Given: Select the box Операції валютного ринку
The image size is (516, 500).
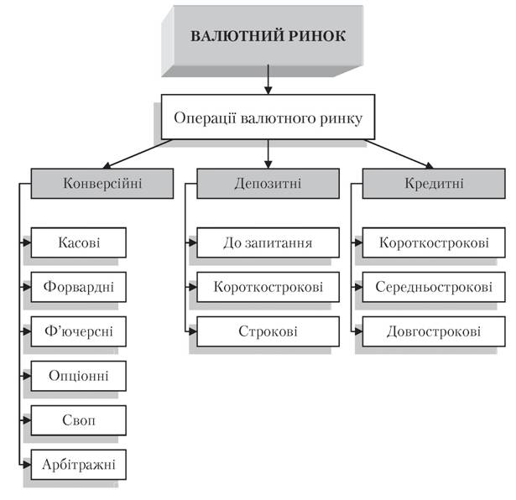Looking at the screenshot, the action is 268,117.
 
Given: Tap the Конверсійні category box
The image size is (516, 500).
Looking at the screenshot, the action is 102,184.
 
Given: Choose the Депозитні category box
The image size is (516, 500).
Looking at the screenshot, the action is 268,184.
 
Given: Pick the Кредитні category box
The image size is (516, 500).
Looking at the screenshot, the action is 434,184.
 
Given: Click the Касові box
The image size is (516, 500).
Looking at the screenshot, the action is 79,242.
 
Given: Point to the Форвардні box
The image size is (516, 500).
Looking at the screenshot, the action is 79,287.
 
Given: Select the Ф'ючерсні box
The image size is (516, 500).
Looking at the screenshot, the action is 79,331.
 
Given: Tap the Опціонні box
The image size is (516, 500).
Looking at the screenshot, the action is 79,376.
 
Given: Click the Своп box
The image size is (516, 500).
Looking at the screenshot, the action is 79,420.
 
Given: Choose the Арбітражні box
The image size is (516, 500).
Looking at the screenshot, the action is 79,465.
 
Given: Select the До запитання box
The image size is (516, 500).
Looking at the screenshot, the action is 268,242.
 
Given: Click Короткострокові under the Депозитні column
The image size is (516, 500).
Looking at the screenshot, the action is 268,287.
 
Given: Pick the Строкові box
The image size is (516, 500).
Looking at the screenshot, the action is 268,331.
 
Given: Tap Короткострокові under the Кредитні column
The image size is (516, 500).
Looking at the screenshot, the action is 434,242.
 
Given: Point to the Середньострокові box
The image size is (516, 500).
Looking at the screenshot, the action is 434,287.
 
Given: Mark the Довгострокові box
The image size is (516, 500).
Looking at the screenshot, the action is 434,331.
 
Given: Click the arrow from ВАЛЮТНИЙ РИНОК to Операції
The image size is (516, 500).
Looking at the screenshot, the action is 268,80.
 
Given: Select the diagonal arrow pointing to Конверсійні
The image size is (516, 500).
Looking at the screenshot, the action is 137,154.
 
